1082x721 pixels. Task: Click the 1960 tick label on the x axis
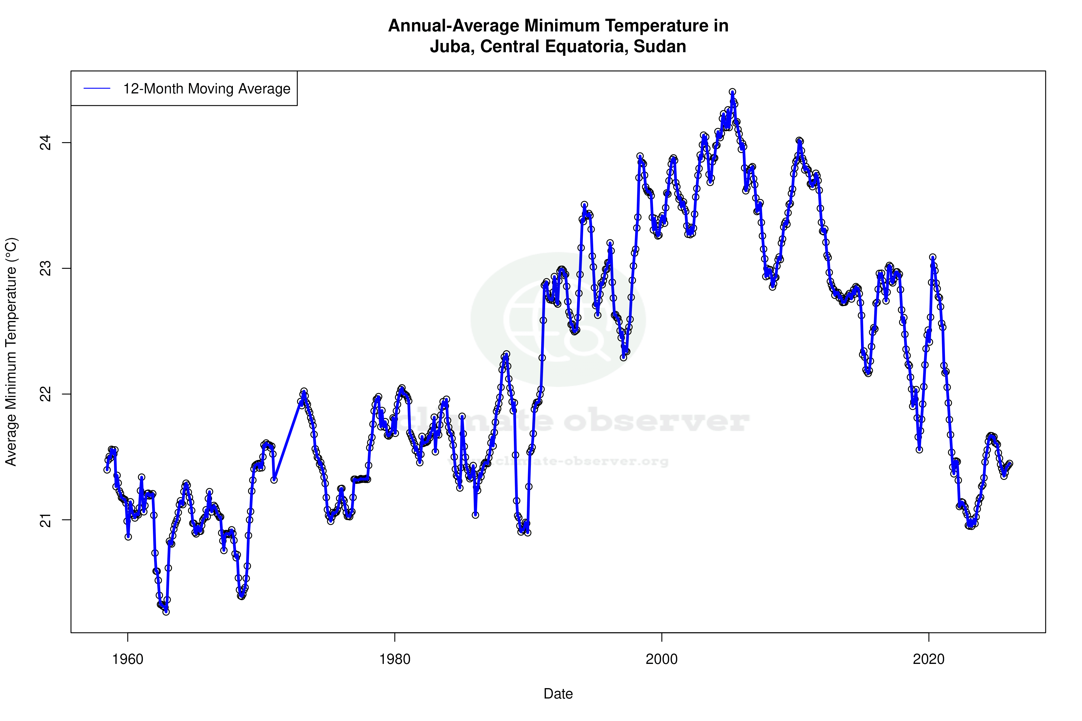[128, 659]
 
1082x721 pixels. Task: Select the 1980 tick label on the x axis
[395, 659]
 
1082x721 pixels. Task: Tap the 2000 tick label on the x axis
[662, 659]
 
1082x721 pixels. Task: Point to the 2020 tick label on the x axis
[928, 659]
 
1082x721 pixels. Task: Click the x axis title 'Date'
[558, 694]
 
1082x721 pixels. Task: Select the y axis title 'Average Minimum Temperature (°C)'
[11, 352]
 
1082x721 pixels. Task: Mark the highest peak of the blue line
[732, 92]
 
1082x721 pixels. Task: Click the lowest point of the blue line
[166, 612]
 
